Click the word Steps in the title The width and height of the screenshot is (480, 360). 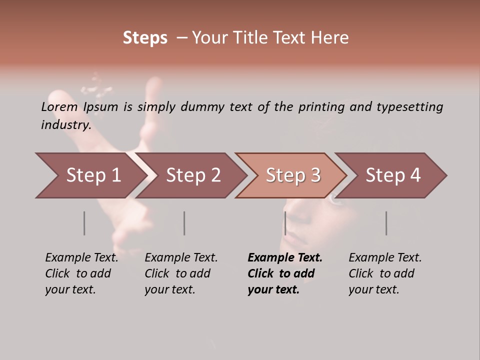(x=145, y=38)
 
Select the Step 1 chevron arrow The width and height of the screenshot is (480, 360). (x=90, y=175)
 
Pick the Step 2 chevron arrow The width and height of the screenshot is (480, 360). (x=193, y=175)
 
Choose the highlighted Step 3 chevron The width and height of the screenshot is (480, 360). (x=293, y=175)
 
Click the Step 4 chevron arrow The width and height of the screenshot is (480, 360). (x=393, y=175)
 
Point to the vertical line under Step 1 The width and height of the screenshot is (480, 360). (x=84, y=223)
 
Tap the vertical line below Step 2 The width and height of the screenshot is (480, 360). (x=184, y=223)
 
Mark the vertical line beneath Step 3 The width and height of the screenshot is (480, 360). (x=285, y=223)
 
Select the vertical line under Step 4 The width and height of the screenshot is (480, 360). (x=386, y=223)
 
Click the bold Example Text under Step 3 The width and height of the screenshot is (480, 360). (x=285, y=273)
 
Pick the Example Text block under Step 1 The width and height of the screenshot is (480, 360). (x=81, y=273)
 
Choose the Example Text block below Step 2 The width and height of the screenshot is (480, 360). (x=181, y=273)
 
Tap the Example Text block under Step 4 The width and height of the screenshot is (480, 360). (x=385, y=273)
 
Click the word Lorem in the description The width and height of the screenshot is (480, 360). (x=59, y=107)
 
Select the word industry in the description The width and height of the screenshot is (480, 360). (x=65, y=125)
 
